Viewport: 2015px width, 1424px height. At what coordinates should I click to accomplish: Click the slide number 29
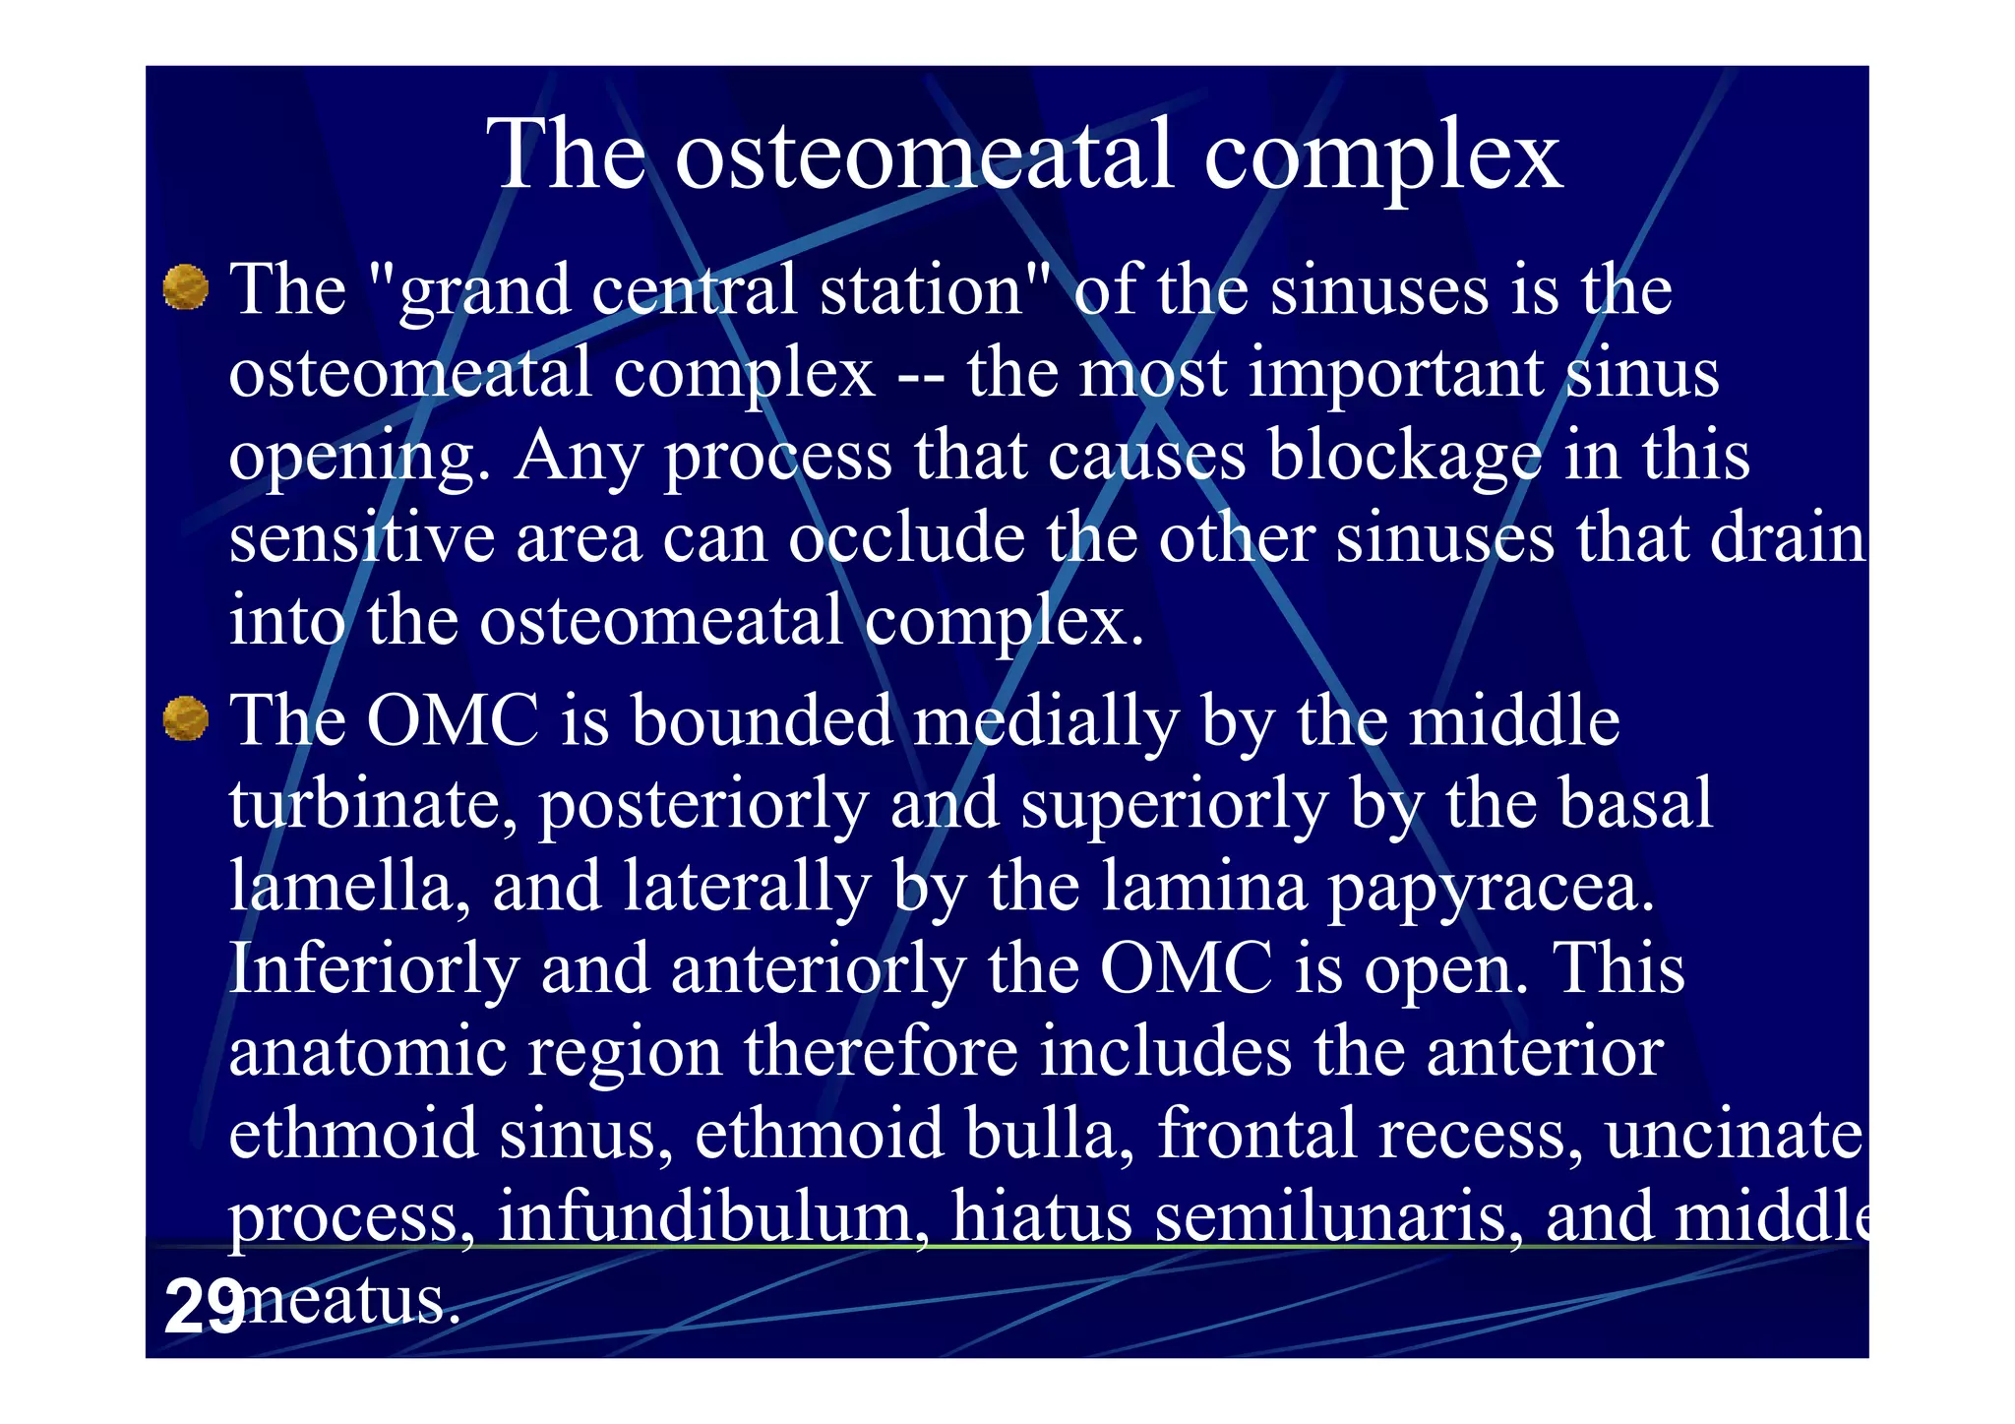pyautogui.click(x=204, y=1306)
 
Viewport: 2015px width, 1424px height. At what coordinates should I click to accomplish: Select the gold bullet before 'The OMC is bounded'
pyautogui.click(x=185, y=718)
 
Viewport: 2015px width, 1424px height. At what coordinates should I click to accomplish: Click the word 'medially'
pyautogui.click(x=1045, y=722)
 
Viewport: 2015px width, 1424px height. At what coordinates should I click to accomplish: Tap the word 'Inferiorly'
pyautogui.click(x=374, y=969)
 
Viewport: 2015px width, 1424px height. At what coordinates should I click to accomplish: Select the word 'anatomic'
pyautogui.click(x=367, y=1051)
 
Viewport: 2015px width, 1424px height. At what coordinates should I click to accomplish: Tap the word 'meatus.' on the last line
pyautogui.click(x=349, y=1301)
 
